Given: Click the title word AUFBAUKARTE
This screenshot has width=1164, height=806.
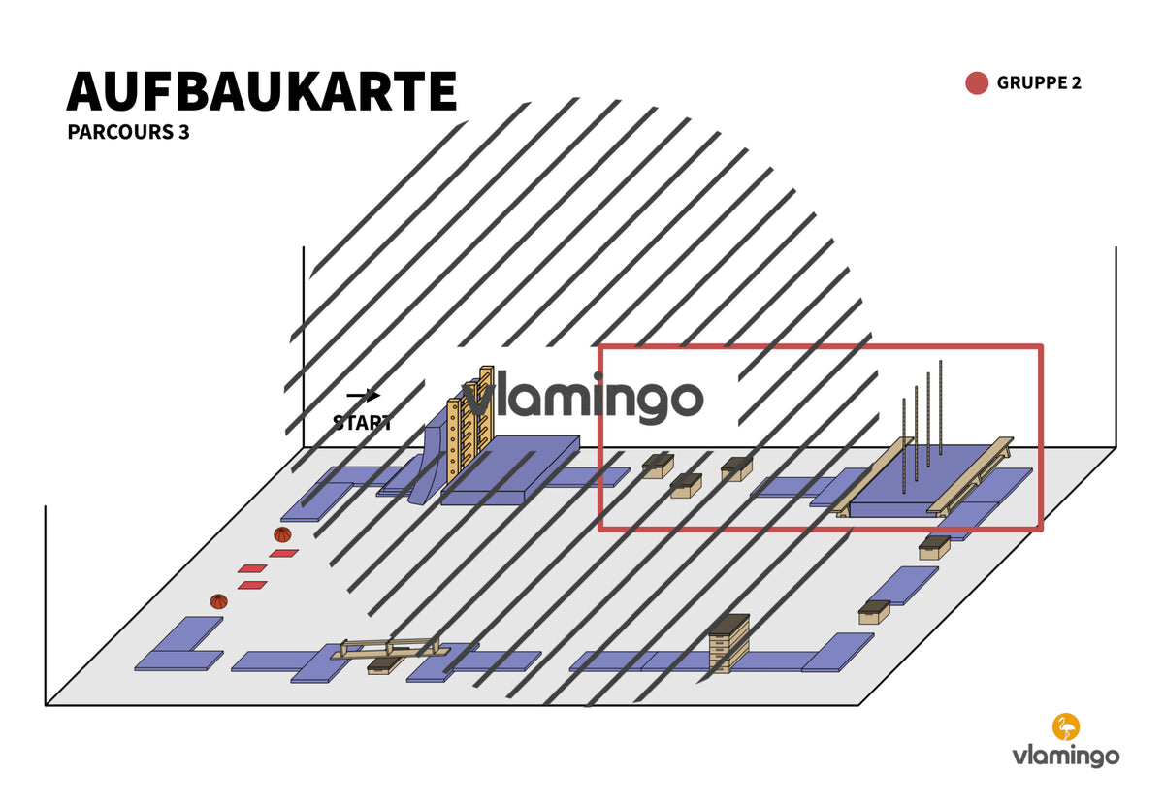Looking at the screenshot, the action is (261, 91).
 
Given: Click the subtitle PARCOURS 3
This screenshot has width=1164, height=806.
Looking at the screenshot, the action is (128, 132).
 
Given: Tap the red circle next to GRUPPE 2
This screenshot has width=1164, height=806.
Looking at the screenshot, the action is (977, 83).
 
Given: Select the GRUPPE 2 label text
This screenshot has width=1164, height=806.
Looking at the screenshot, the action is (1039, 82).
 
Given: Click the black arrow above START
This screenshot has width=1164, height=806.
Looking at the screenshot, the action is (363, 396).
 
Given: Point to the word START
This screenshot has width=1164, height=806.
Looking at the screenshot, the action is (362, 423).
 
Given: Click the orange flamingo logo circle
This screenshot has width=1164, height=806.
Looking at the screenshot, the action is (1066, 726).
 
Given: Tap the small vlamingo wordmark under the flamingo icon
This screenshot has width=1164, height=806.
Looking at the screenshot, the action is (1065, 757).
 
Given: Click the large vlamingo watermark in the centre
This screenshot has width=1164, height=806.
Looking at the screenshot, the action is (583, 398).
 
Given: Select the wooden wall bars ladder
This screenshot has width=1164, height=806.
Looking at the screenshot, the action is (470, 424).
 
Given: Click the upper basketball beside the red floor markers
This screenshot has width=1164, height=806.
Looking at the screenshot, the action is (282, 534).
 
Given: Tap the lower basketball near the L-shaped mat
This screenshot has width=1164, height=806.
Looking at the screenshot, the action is (219, 601).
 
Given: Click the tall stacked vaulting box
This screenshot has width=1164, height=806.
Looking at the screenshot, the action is (729, 643).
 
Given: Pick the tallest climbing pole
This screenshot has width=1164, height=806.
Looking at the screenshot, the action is (941, 408).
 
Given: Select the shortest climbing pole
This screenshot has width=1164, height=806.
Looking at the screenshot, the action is (904, 445).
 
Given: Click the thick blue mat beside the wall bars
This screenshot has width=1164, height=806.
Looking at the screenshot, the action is (510, 470).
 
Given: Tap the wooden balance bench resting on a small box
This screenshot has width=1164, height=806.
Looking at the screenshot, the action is (390, 649).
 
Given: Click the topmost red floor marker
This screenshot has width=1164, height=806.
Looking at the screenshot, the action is (283, 554).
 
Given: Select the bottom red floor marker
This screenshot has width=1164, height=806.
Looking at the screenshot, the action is (252, 585).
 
